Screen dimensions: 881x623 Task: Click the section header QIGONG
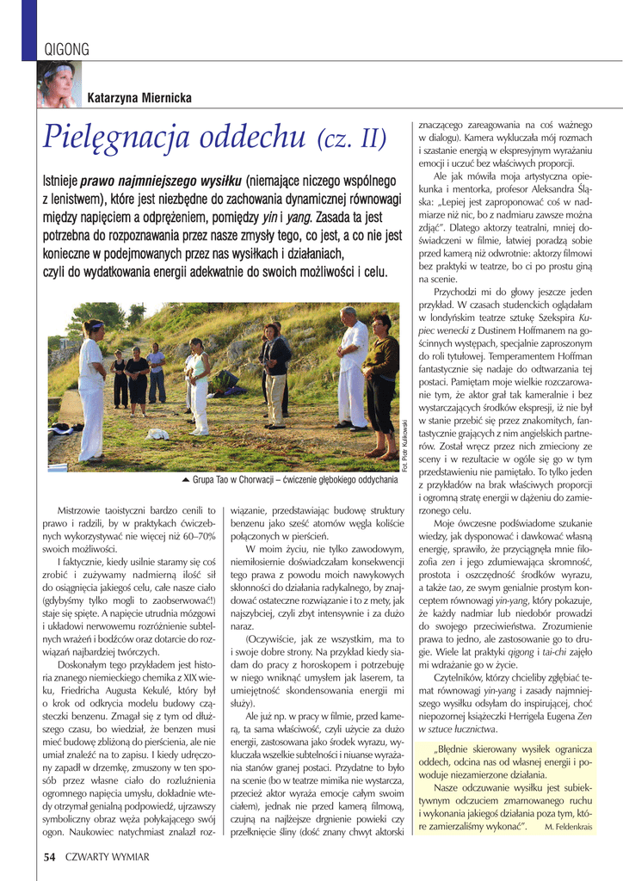click(66, 50)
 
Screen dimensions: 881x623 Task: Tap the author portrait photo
click(59, 84)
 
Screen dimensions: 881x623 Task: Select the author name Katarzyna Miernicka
click(139, 99)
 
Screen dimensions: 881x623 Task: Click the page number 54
click(50, 856)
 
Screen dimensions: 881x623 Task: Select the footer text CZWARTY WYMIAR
click(107, 857)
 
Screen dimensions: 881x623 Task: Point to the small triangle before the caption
click(186, 479)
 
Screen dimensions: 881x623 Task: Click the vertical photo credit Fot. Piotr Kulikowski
click(404, 444)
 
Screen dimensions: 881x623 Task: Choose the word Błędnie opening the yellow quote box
click(457, 749)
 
